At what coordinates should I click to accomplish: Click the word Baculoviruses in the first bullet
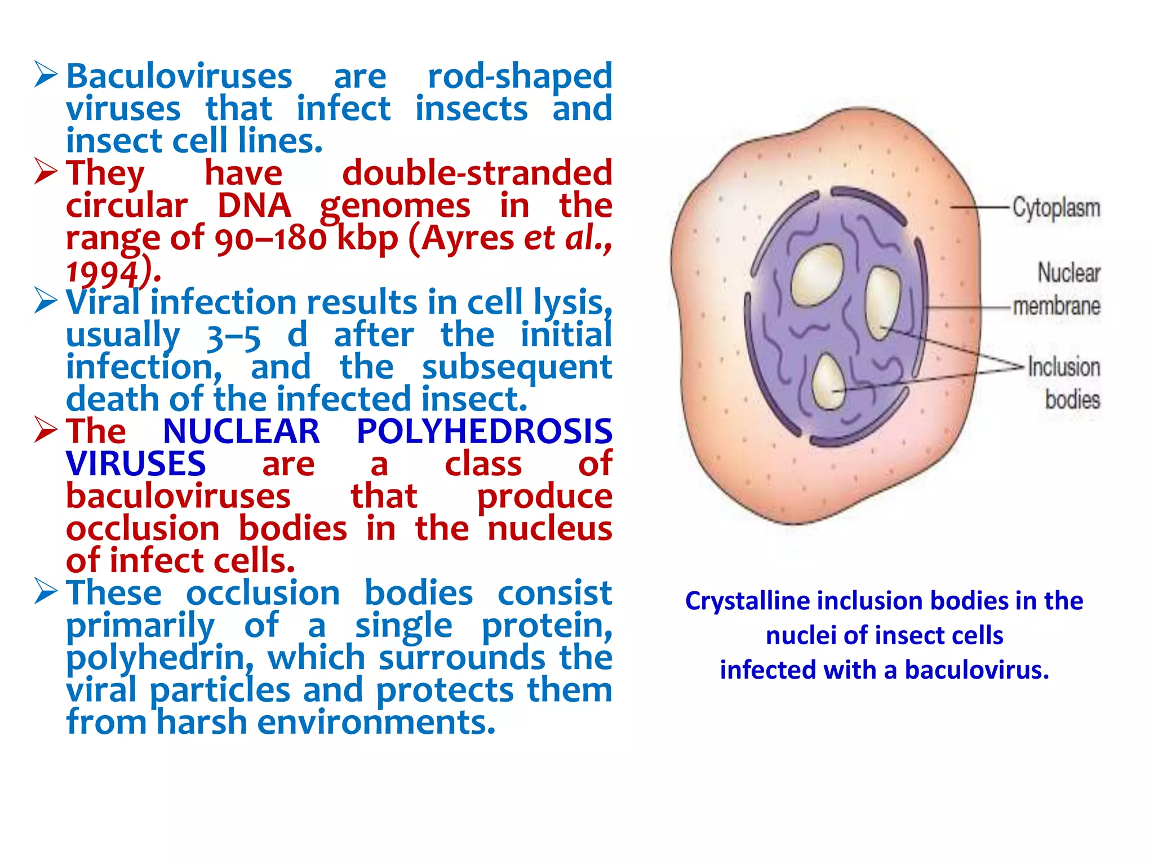179,77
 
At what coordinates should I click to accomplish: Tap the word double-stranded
477,173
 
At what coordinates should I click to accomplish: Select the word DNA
254,206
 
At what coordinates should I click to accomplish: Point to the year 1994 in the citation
102,273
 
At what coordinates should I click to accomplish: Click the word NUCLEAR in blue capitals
241,432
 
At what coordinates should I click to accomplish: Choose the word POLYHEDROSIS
484,432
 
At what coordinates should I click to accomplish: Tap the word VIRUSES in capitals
136,464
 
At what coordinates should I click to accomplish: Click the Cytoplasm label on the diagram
1056,208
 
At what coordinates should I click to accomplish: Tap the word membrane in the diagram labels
1057,306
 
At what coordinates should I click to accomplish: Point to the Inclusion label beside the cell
1064,367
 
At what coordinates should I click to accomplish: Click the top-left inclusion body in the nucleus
818,274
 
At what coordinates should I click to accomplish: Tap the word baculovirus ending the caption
976,670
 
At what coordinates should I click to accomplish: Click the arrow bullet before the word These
46,591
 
